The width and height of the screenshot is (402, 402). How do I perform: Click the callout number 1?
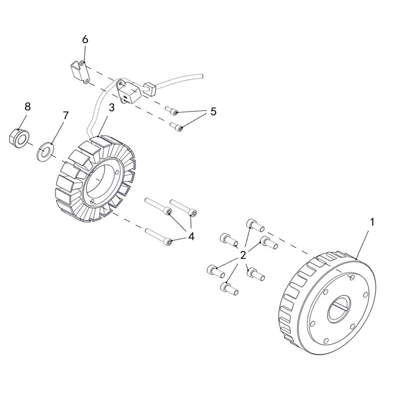(372, 221)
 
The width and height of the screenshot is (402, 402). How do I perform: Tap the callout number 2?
(243, 255)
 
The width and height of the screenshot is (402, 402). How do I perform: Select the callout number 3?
(112, 108)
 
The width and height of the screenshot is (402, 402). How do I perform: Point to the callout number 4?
(191, 236)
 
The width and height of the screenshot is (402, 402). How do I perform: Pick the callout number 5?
(213, 112)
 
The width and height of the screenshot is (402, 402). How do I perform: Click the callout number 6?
(85, 39)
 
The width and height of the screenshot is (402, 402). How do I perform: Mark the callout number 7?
(65, 115)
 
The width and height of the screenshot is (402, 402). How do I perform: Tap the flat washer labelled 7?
(45, 151)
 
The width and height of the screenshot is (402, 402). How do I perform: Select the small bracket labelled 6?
(78, 72)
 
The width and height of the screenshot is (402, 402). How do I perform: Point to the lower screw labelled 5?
(176, 126)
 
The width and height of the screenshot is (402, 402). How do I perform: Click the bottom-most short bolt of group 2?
(228, 288)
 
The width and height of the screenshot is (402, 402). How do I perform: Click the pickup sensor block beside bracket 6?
(128, 93)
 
